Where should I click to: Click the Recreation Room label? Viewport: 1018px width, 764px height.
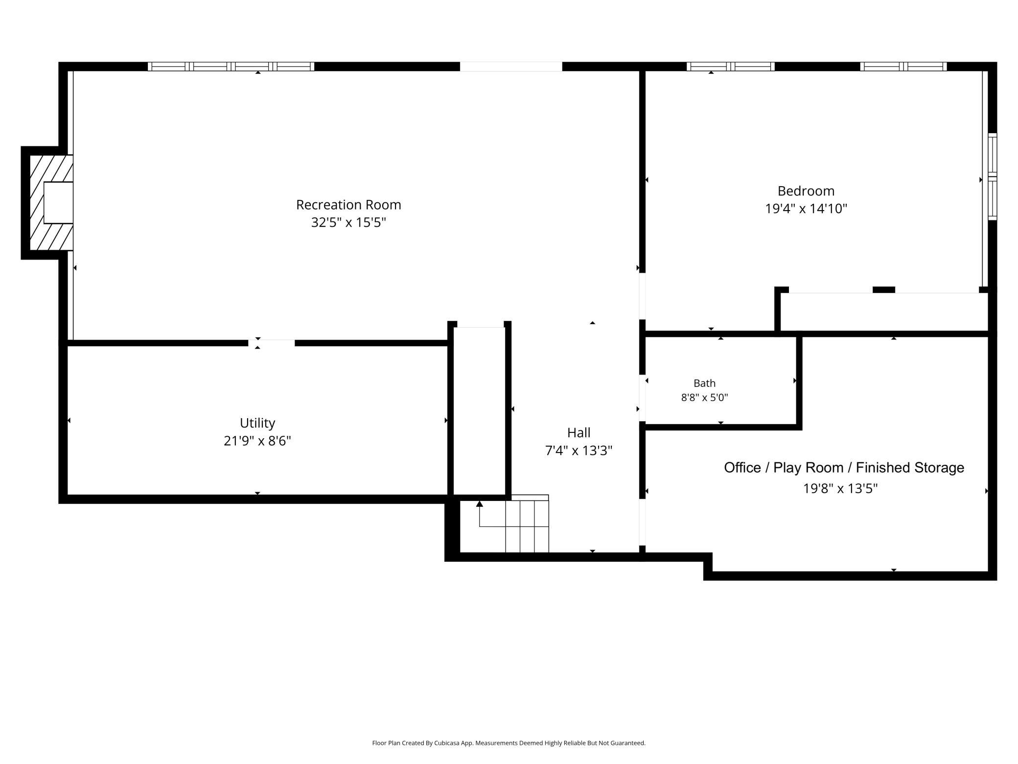348,205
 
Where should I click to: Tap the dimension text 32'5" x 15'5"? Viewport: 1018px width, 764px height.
348,222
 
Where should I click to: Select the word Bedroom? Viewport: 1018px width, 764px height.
806,191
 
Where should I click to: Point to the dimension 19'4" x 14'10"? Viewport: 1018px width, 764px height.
806,209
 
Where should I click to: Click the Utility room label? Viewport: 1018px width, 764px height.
257,423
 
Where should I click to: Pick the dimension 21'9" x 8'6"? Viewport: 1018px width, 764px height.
257,441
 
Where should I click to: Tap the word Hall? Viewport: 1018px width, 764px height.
578,432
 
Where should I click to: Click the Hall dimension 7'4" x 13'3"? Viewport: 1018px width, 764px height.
578,451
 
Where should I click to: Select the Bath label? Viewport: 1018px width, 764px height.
704,383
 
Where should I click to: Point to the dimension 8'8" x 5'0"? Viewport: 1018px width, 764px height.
704,397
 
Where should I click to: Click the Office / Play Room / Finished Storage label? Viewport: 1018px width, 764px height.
844,468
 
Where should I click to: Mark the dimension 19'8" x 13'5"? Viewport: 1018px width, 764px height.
840,488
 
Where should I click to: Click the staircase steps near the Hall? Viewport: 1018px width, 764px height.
527,524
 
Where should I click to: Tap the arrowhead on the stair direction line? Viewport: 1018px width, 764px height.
480,503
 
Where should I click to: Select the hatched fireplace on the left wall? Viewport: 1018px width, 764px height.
51,203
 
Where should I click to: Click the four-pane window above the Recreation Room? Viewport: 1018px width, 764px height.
231,67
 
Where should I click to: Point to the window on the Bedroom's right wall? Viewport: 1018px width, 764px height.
992,176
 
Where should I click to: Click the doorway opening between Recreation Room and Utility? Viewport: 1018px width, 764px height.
271,343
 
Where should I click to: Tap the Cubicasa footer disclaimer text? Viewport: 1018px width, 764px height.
509,743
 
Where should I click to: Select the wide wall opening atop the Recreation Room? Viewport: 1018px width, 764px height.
511,67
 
